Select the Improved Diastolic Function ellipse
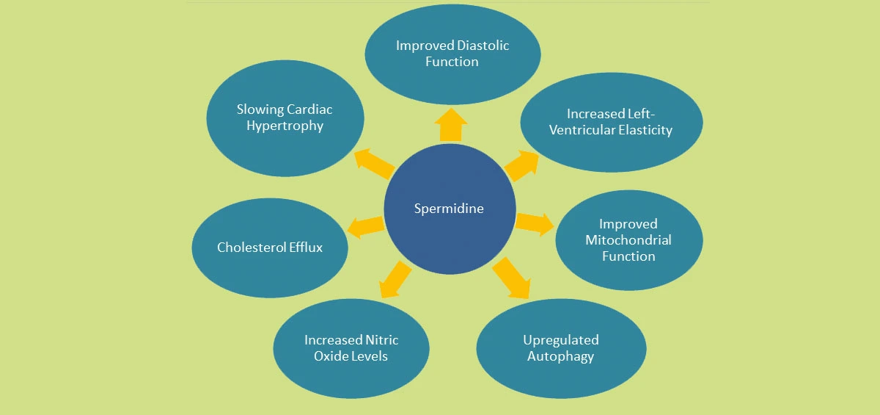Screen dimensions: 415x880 tap(452, 54)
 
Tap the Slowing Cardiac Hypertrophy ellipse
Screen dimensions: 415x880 tap(285, 118)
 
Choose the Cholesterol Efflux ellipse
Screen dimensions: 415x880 tap(270, 247)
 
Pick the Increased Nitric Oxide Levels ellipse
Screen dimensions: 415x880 tap(351, 348)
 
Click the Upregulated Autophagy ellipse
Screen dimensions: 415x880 tap(561, 348)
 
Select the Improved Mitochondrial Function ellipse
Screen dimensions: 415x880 tap(628, 240)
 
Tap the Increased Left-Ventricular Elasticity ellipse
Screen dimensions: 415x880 tap(611, 122)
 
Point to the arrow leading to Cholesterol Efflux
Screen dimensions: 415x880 tap(364, 227)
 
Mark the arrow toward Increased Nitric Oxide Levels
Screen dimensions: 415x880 tap(395, 279)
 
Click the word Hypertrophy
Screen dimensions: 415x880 tap(285, 126)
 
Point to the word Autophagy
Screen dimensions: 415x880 tap(561, 356)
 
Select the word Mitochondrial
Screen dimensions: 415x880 tap(628, 240)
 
